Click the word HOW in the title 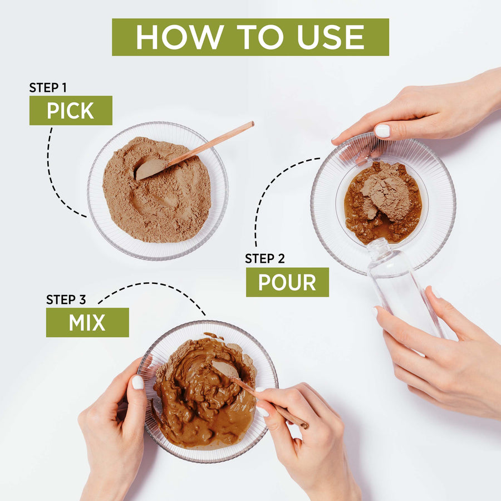coord(180,37)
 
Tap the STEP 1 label coord(48,87)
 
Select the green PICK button coord(71,110)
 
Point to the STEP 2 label coord(264,258)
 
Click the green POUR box coord(287,282)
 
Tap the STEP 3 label coord(66,299)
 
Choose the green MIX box coord(87,322)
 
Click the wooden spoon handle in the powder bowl coord(210,144)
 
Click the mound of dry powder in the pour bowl coord(387,195)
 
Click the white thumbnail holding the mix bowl coord(137,382)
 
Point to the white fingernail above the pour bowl coord(382,131)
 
